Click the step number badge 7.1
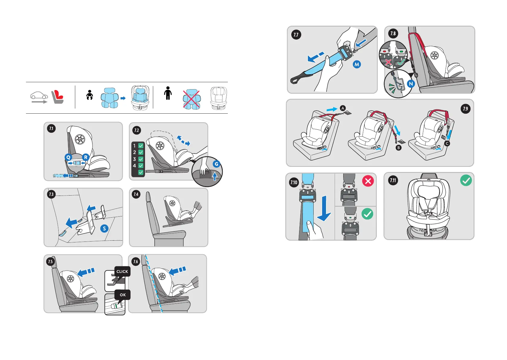pyautogui.click(x=51, y=128)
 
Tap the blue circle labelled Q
pyautogui.click(x=68, y=157)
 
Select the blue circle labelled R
pyautogui.click(x=86, y=157)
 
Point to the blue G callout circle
pyautogui.click(x=216, y=164)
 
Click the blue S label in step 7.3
pyautogui.click(x=104, y=229)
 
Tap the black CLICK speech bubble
pyautogui.click(x=122, y=271)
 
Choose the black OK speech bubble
pyautogui.click(x=123, y=295)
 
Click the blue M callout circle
pyautogui.click(x=357, y=64)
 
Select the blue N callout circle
pyautogui.click(x=411, y=84)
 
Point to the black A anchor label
pyautogui.click(x=343, y=108)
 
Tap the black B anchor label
pyautogui.click(x=399, y=148)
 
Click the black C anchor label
pyautogui.click(x=447, y=144)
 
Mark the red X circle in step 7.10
pyautogui.click(x=368, y=181)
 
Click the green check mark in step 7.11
pyautogui.click(x=466, y=180)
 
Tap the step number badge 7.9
pyautogui.click(x=465, y=109)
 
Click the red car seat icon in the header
pyautogui.click(x=57, y=97)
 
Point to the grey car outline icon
pyautogui.click(x=39, y=96)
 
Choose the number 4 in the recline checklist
pyautogui.click(x=134, y=166)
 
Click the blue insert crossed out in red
pyautogui.click(x=191, y=99)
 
